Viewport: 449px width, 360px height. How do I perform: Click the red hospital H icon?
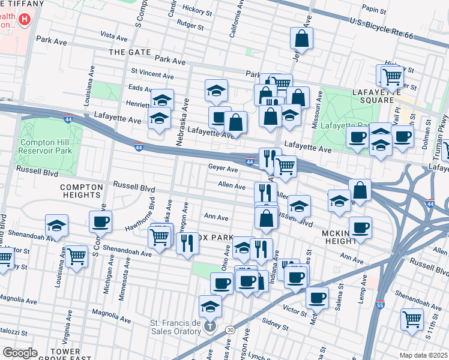pyautogui.click(x=24, y=19)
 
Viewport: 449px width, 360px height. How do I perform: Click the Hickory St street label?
pyautogui.click(x=197, y=11)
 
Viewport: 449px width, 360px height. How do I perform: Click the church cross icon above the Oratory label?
pyautogui.click(x=210, y=328)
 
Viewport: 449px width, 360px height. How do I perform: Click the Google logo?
pyautogui.click(x=20, y=353)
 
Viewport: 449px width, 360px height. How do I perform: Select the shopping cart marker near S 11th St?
pyautogui.click(x=411, y=318)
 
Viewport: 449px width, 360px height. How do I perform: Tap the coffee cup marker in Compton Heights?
pyautogui.click(x=100, y=222)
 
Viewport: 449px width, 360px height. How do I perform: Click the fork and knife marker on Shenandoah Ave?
pyautogui.click(x=187, y=243)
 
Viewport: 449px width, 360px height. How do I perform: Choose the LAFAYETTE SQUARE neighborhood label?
pyautogui.click(x=399, y=96)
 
